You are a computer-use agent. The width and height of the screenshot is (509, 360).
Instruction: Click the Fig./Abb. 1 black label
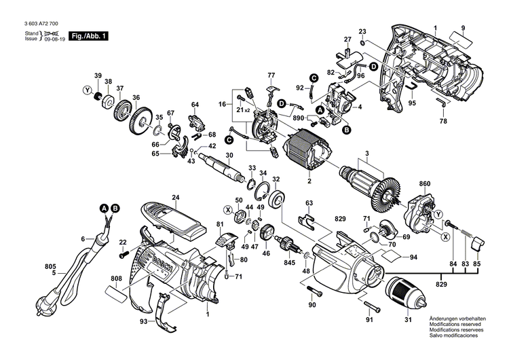(90, 35)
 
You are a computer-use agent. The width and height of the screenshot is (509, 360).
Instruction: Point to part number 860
(424, 184)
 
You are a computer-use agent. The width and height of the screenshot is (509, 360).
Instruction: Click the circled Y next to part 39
(87, 89)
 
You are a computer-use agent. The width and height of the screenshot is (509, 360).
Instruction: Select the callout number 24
(175, 198)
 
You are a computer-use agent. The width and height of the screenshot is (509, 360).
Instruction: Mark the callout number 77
(271, 74)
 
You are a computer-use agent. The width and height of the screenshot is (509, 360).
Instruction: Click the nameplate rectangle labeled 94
(393, 257)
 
